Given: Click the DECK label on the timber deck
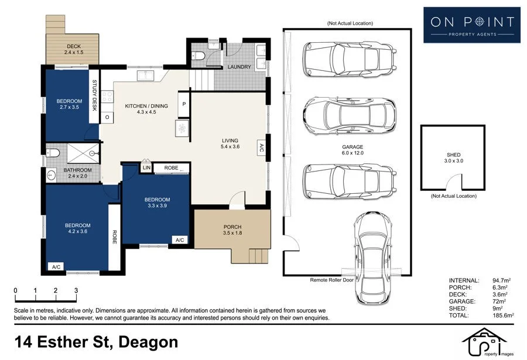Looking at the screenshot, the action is coord(74,46).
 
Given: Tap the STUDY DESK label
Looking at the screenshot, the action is coord(94,95).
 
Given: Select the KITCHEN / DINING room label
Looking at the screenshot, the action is coord(146,106).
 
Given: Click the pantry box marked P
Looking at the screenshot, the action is coord(184,104).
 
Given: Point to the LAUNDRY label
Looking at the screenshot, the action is coord(239,67).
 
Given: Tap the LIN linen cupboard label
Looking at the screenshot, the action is coord(146,167).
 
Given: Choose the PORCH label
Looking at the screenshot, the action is coord(232,227).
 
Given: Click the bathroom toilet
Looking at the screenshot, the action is coord(53,153).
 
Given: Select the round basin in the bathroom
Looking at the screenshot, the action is coord(51,175).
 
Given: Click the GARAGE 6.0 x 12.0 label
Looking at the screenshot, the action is coord(353,150).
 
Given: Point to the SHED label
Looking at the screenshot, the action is coord(453,155).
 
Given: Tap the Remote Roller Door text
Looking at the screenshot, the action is coord(331,280).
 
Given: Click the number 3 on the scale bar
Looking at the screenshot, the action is coord(76,291).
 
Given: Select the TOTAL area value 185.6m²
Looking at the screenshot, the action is coord(503,316).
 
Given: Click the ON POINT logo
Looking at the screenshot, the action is coord(472,25).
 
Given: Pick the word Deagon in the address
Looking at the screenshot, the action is coord(149,343).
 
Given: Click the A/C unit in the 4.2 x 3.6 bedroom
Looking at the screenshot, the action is coord(56,267).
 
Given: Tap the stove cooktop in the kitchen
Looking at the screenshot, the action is coord(107,96).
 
